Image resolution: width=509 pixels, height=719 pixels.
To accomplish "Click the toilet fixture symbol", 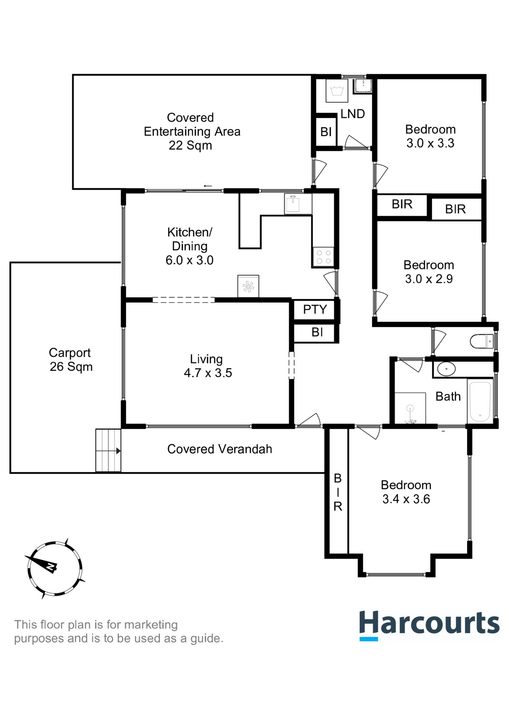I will pos(482,341).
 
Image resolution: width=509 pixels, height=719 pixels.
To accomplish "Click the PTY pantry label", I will pos(315,310).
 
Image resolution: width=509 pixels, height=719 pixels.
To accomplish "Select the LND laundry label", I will pos(352,114).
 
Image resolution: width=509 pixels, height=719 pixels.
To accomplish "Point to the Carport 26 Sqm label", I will pos(70,359).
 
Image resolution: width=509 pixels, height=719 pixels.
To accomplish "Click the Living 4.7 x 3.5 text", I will pos(207,366).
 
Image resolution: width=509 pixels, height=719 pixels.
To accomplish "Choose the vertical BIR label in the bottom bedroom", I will pos(338,492).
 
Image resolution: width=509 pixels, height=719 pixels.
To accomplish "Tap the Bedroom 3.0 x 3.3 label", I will pos(430,136).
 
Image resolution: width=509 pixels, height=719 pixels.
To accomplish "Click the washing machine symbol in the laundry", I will pos(337,91).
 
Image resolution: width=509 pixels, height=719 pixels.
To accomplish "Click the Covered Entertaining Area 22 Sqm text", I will pos(192,131).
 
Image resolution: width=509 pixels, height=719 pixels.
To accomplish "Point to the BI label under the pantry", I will pos(317,332).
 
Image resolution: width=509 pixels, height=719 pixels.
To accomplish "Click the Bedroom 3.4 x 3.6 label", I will pos(406,492).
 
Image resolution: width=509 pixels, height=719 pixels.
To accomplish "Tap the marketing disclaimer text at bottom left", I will pos(118,631).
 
